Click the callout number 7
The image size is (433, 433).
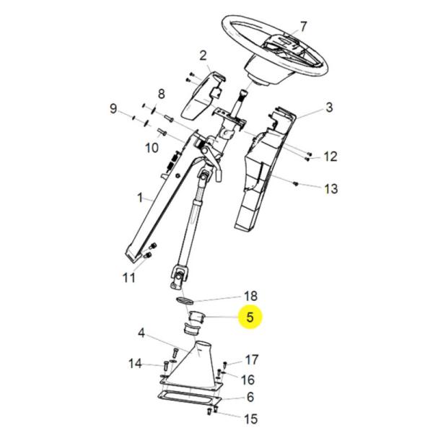(303, 27)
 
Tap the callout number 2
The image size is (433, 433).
(203, 55)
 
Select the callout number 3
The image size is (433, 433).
(329, 108)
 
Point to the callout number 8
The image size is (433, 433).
(162, 93)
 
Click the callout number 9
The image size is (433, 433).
(113, 109)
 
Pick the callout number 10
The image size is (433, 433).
(152, 148)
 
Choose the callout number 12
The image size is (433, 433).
(330, 156)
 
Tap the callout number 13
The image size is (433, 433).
(331, 189)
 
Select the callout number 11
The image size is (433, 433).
(129, 277)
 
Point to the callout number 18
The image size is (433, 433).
(250, 296)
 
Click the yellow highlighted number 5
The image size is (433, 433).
(250, 317)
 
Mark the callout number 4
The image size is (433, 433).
(141, 333)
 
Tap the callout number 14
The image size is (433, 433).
(136, 364)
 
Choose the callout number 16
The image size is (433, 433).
(248, 380)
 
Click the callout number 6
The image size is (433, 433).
(250, 397)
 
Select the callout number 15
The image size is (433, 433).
(250, 419)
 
